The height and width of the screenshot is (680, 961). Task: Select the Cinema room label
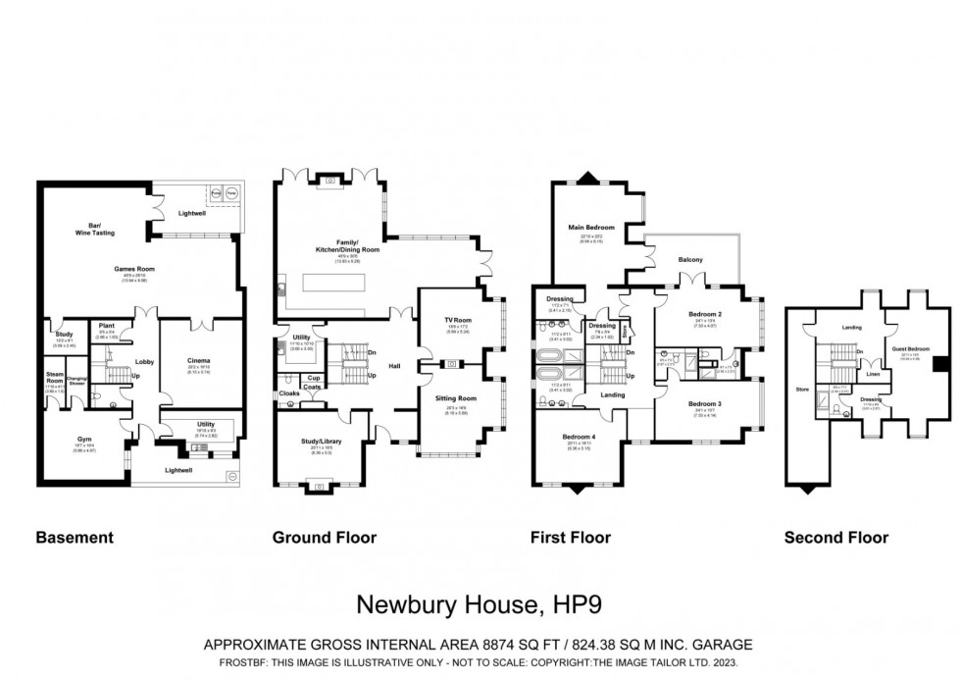point(198,360)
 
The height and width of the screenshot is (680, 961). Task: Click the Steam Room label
point(55,377)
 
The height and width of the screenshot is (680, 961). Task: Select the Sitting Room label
point(457,398)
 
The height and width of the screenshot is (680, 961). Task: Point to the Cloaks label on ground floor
point(288,392)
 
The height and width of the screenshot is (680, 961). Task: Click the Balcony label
point(690,259)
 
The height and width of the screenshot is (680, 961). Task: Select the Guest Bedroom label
point(911,349)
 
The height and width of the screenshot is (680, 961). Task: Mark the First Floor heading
point(572,538)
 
